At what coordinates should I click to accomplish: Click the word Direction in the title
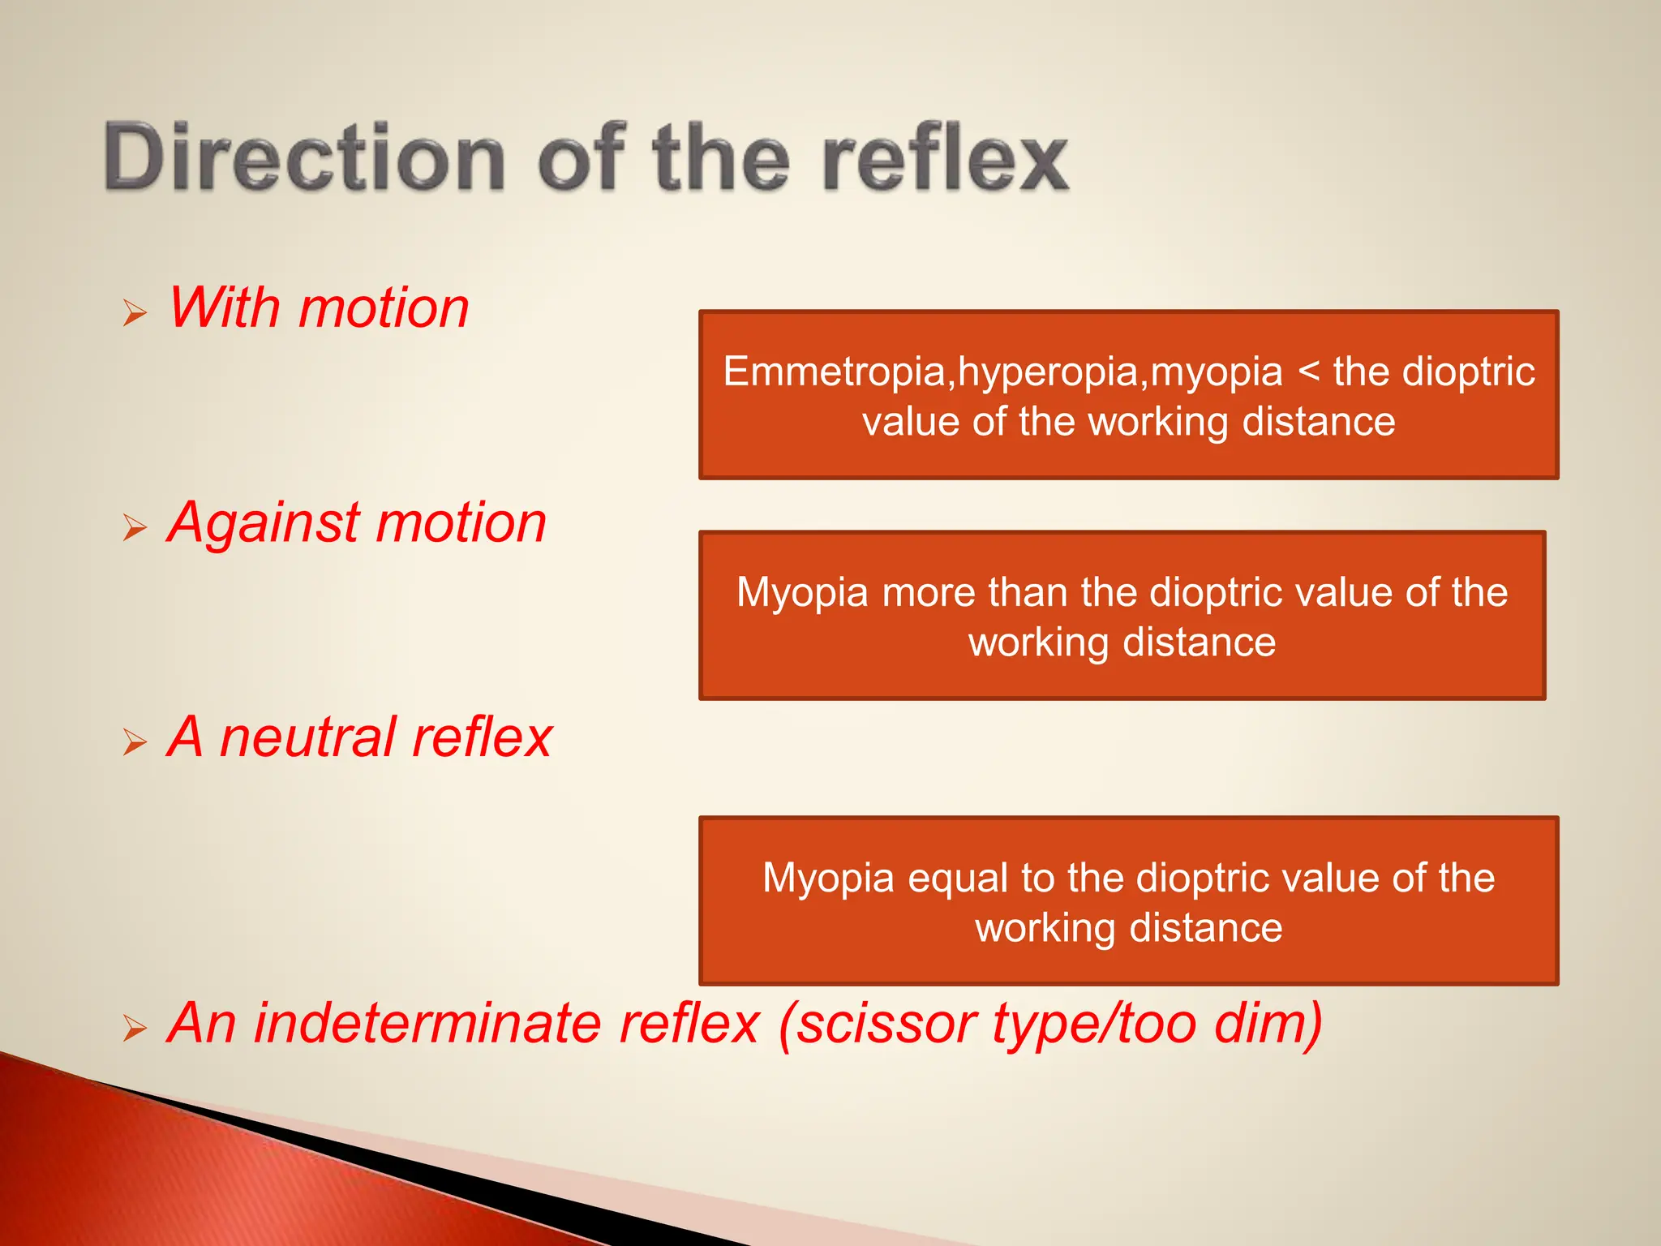click(304, 157)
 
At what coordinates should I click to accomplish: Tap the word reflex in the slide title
click(945, 157)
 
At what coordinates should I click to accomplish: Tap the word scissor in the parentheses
click(878, 1023)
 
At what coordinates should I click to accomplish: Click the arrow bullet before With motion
click(135, 312)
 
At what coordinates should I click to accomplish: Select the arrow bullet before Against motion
click(135, 527)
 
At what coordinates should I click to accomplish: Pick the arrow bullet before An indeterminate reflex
click(135, 1028)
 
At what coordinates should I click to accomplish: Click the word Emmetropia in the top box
click(835, 372)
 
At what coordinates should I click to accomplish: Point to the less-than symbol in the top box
click(1308, 373)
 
